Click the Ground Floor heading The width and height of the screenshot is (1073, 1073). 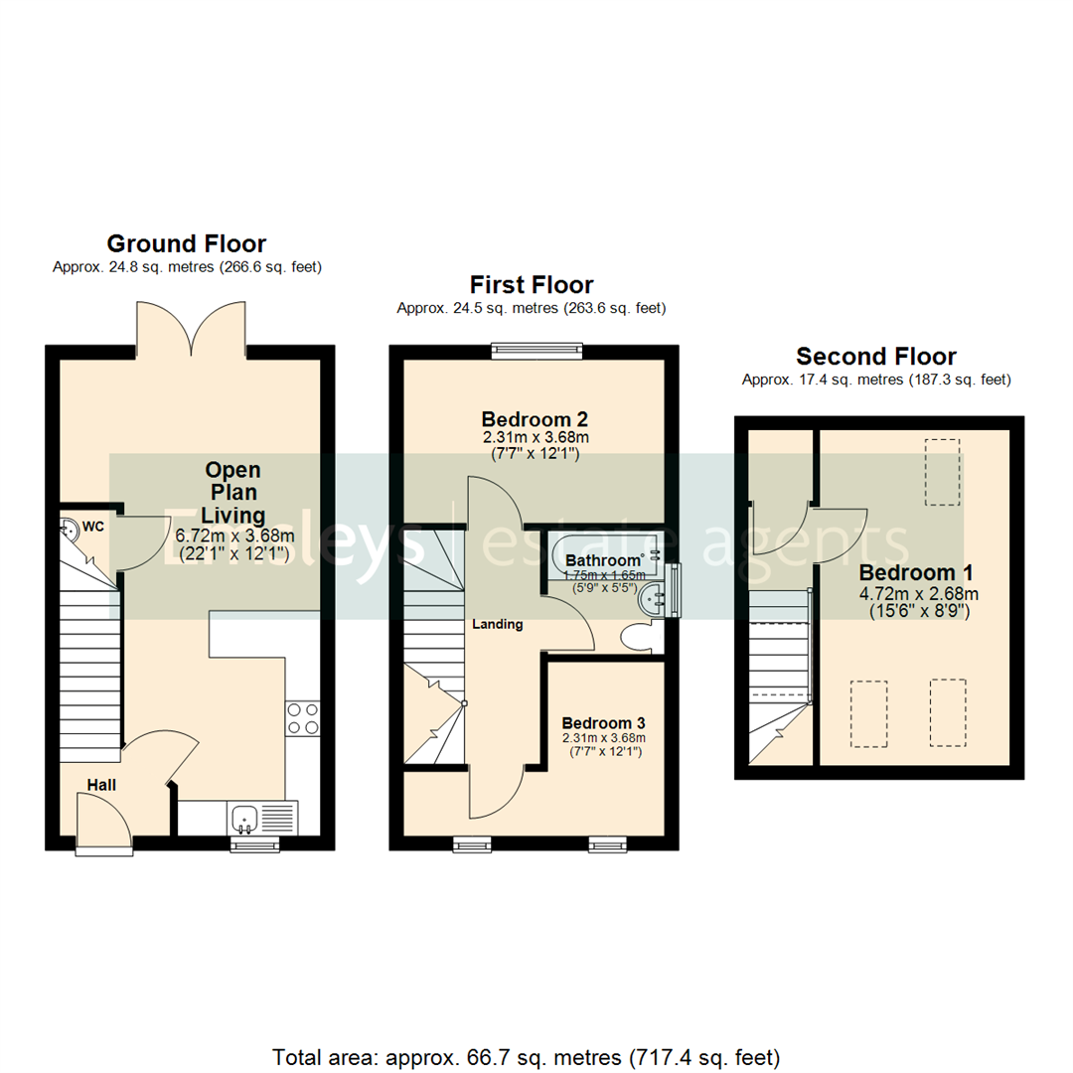pyautogui.click(x=186, y=243)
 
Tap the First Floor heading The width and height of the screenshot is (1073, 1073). pyautogui.click(x=532, y=285)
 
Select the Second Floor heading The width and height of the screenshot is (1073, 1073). pyautogui.click(x=876, y=357)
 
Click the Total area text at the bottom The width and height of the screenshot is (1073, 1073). pyautogui.click(x=527, y=1056)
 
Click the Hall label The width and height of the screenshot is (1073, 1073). pyautogui.click(x=101, y=785)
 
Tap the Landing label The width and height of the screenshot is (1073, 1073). pyautogui.click(x=496, y=625)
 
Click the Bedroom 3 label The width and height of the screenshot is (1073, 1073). pyautogui.click(x=603, y=722)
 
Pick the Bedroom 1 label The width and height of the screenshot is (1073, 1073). pyautogui.click(x=915, y=573)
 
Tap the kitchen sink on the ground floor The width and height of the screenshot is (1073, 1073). pyautogui.click(x=245, y=819)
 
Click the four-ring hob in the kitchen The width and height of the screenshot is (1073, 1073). pyautogui.click(x=302, y=718)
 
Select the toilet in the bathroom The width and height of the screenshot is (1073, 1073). pyautogui.click(x=636, y=637)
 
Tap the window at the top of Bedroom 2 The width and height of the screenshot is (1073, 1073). pyautogui.click(x=536, y=350)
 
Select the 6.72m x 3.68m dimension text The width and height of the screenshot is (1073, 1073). pyautogui.click(x=234, y=536)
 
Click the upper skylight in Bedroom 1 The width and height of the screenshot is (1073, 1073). pyautogui.click(x=943, y=473)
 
